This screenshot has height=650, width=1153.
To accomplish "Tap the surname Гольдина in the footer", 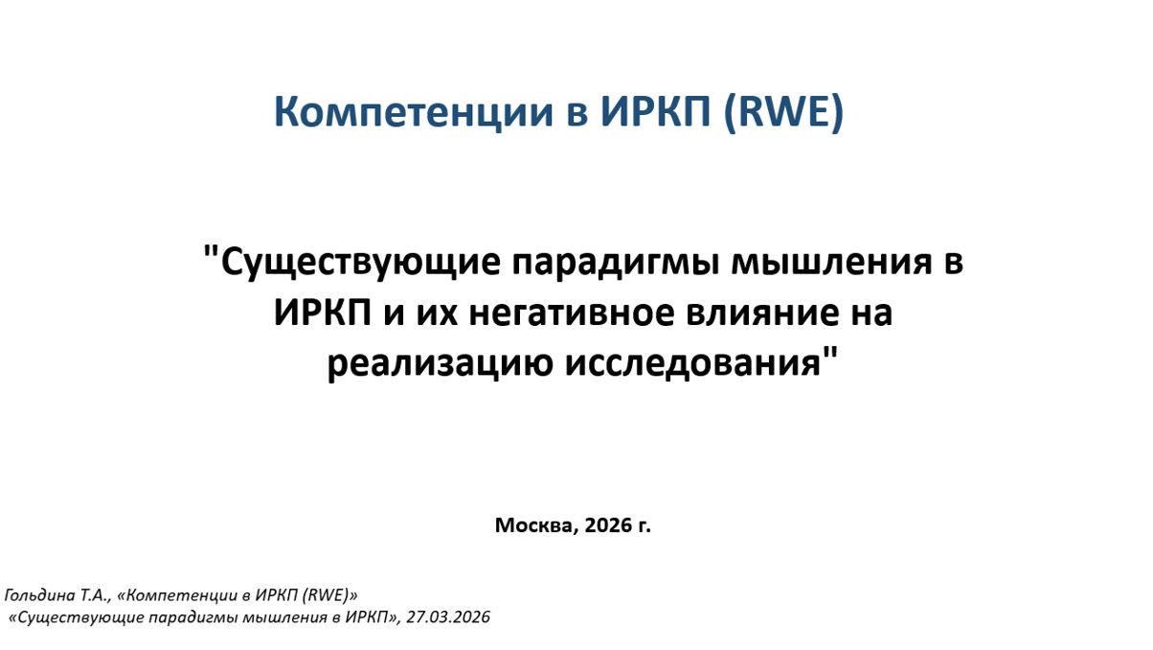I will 37,595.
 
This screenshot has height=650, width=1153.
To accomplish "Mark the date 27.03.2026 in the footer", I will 448,617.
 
